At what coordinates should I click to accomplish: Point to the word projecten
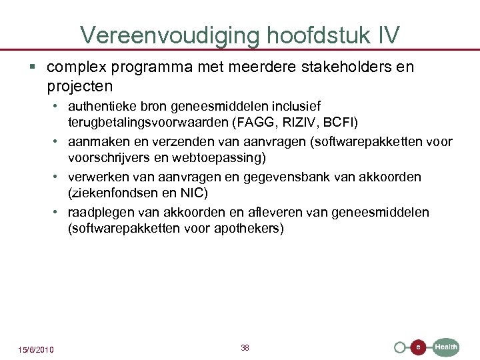80,87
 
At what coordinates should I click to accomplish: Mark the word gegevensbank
300,177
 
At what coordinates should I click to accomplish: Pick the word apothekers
248,229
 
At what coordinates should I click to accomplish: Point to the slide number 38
245,348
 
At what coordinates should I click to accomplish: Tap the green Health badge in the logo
446,347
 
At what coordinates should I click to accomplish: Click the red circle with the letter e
417,347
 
